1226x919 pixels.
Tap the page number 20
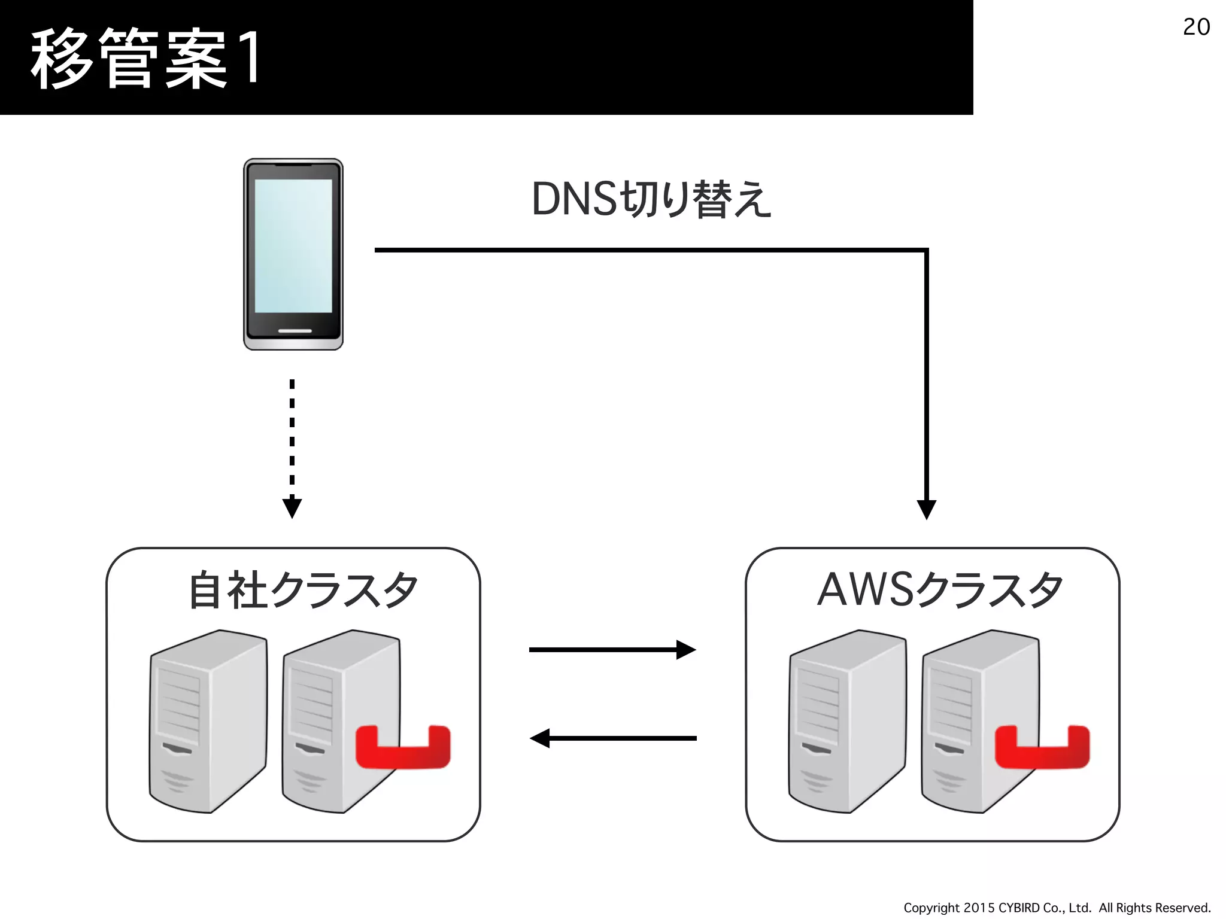pos(1196,27)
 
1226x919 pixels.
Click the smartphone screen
pos(293,245)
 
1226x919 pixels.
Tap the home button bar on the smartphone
pos(295,330)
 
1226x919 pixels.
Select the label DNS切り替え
pos(651,199)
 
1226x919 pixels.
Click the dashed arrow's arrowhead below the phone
pos(292,508)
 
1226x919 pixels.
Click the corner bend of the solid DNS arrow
pos(925,251)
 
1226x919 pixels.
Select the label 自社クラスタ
pos(303,590)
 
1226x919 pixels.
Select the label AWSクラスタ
pos(940,590)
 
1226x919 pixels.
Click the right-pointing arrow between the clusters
pos(612,649)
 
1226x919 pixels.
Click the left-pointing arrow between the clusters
pos(613,738)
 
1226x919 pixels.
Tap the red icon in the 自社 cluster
pos(403,748)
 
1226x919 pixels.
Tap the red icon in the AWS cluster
pos(1042,748)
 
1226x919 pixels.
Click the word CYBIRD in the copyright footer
pos(1019,908)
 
